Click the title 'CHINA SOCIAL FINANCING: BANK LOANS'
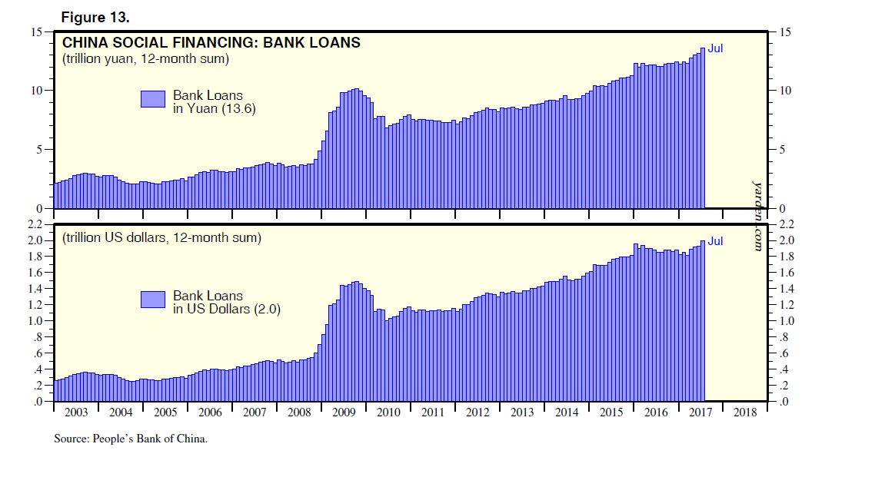[211, 43]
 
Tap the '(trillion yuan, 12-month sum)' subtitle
[145, 59]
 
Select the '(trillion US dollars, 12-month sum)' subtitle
[161, 237]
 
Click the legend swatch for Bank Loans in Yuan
[153, 98]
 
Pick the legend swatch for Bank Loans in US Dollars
[153, 300]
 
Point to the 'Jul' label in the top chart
[715, 48]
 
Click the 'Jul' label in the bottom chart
[715, 240]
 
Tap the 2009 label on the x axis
[344, 412]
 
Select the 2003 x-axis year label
[76, 412]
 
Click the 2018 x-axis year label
[745, 412]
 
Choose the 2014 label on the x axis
[567, 412]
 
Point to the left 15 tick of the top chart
[36, 32]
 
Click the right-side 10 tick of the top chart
[785, 91]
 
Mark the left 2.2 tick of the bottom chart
[34, 224]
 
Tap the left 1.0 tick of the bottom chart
[34, 320]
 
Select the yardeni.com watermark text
[757, 215]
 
